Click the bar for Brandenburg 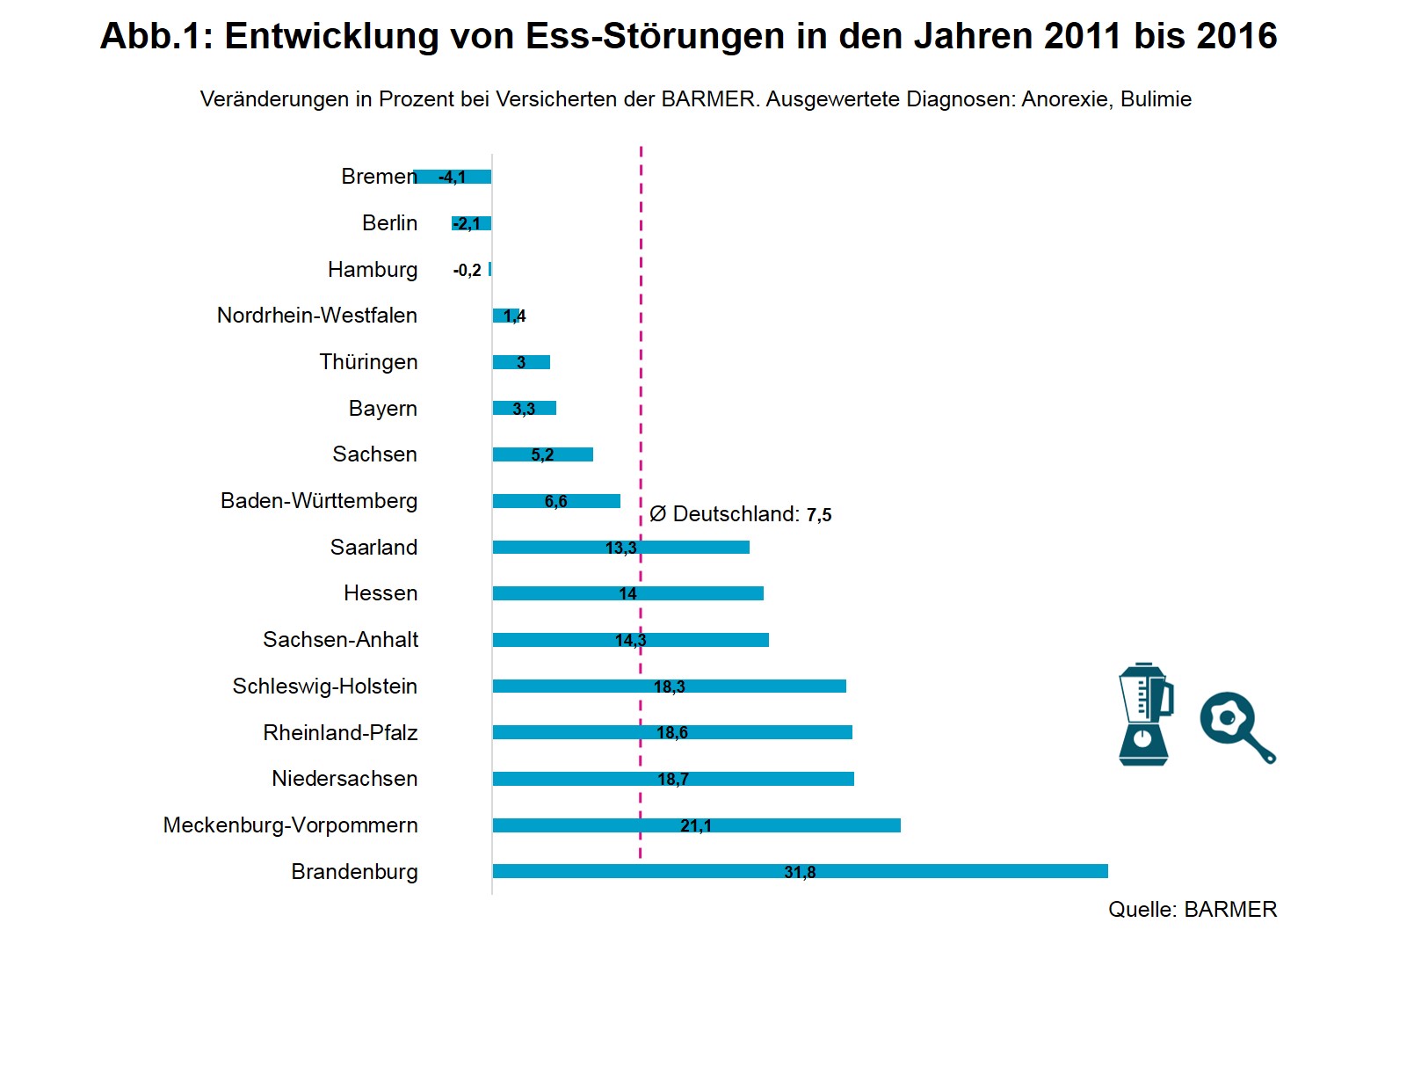(x=800, y=871)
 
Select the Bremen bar (x=453, y=177)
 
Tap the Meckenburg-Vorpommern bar (x=696, y=825)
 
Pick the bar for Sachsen (x=542, y=454)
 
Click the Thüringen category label (x=368, y=362)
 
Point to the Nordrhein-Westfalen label (x=316, y=316)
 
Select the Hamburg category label (x=373, y=270)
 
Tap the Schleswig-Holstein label (x=324, y=687)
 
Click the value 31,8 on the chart (x=800, y=872)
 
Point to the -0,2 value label (x=467, y=271)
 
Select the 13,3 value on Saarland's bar (x=620, y=549)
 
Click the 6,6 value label (x=555, y=502)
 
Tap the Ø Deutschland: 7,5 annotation (x=740, y=514)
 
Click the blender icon (x=1144, y=714)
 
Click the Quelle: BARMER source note (x=1192, y=910)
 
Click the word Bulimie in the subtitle (x=1156, y=99)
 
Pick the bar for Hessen (x=627, y=593)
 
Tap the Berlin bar (x=472, y=223)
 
